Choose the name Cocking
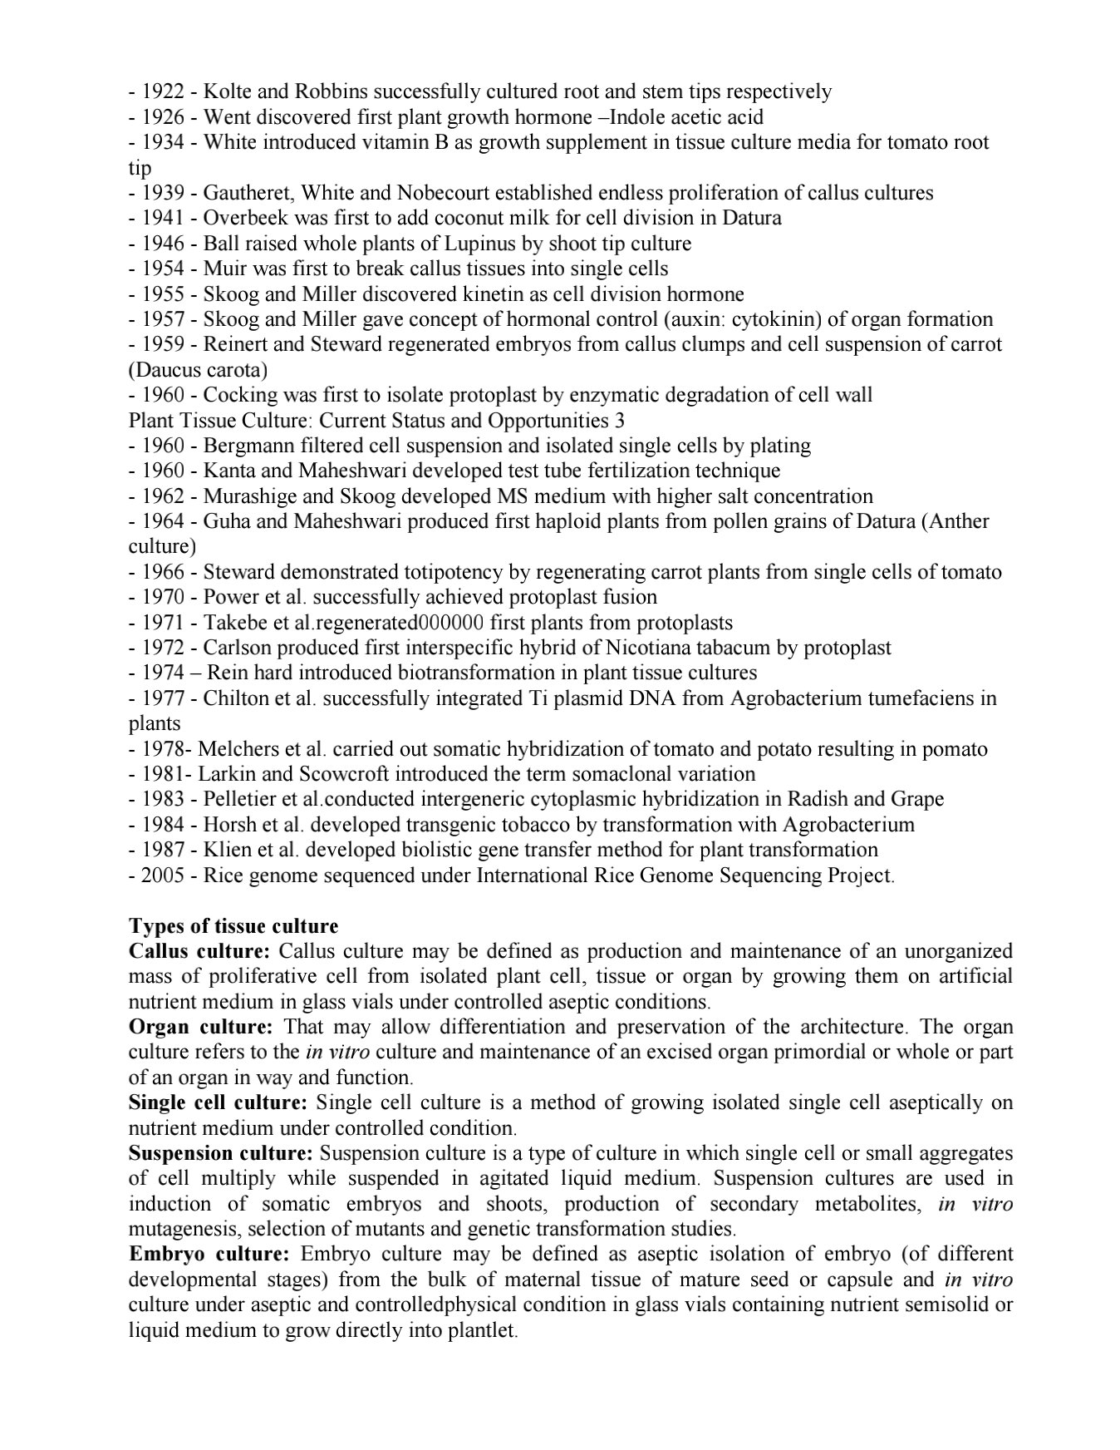pos(236,394)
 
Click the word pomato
pos(956,749)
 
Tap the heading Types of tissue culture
pos(233,926)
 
